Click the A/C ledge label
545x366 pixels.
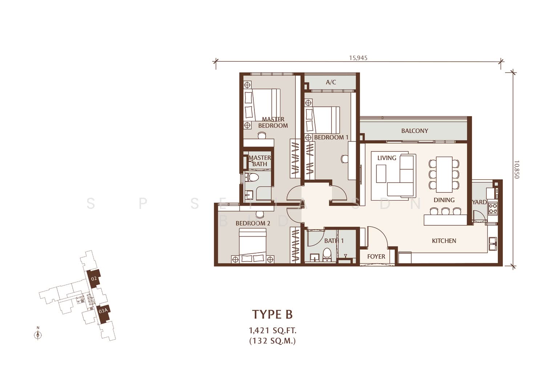pyautogui.click(x=331, y=82)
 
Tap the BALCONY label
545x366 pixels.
pyautogui.click(x=415, y=131)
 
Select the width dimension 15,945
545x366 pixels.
pyautogui.click(x=358, y=58)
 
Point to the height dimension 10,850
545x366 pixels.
pyautogui.click(x=517, y=169)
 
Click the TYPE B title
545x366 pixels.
pyautogui.click(x=272, y=314)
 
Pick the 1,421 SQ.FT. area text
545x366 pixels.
pyautogui.click(x=272, y=330)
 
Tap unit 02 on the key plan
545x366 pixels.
pyautogui.click(x=94, y=279)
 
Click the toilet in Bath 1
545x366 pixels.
pyautogui.click(x=327, y=254)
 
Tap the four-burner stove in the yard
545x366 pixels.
pyautogui.click(x=493, y=208)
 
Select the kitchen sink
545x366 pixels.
pyautogui.click(x=493, y=244)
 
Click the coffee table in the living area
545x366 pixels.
pyautogui.click(x=381, y=174)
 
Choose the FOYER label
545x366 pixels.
pyautogui.click(x=376, y=257)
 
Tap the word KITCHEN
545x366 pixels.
pyautogui.click(x=444, y=241)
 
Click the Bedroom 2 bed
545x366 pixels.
pyautogui.click(x=253, y=245)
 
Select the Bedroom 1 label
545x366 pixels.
pyautogui.click(x=331, y=137)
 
